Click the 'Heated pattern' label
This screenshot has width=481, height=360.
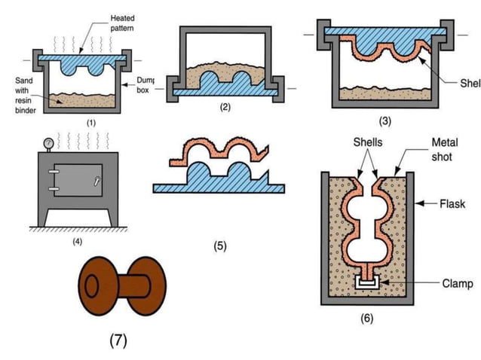124,22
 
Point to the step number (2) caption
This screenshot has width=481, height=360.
225,107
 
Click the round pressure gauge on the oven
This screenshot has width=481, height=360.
48,142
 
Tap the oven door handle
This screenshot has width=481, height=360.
96,181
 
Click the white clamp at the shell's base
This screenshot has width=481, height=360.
366,284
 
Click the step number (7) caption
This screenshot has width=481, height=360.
118,340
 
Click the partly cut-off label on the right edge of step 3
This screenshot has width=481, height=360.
468,83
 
